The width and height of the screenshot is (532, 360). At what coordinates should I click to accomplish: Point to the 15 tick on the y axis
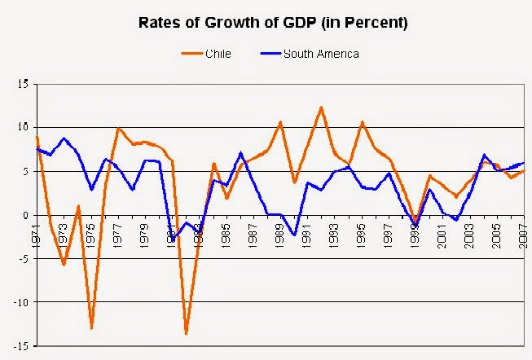[x=24, y=84]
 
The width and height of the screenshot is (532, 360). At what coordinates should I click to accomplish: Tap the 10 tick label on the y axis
[x=24, y=128]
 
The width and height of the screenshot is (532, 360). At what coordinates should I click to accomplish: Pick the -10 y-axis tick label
[x=22, y=303]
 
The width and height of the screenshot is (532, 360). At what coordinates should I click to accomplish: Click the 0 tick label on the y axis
[x=26, y=215]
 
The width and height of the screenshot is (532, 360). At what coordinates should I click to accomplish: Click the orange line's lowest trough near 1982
[x=187, y=333]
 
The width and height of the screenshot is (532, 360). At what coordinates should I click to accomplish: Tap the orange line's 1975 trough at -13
[x=92, y=328]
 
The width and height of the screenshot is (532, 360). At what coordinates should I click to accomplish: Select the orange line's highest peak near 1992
[x=321, y=107]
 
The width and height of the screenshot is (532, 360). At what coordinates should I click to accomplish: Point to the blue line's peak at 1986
[x=240, y=153]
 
